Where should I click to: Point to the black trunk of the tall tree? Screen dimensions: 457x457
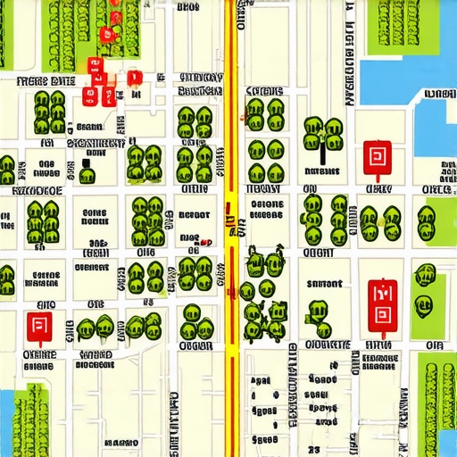[321, 155]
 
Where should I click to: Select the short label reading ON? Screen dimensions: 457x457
[310, 189]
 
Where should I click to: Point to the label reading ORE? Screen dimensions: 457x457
[436, 190]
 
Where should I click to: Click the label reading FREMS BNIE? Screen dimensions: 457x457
[45, 80]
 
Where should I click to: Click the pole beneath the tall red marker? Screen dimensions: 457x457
[384, 335]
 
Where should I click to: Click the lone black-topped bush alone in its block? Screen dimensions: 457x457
[87, 170]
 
